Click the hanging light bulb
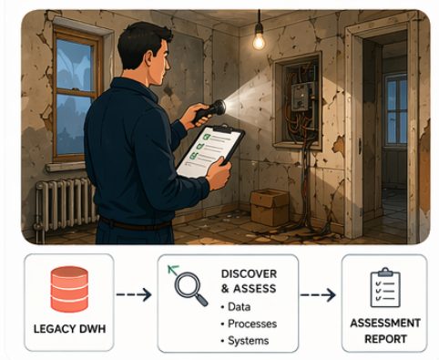pyautogui.click(x=259, y=39)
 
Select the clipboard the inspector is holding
pyautogui.click(x=210, y=151)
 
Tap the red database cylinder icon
pyautogui.click(x=68, y=284)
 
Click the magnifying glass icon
pyautogui.click(x=189, y=291)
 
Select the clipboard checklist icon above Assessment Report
pyautogui.click(x=383, y=287)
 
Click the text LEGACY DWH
pyautogui.click(x=68, y=327)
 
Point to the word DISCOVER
pyautogui.click(x=249, y=274)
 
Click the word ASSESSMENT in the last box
pyautogui.click(x=383, y=323)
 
